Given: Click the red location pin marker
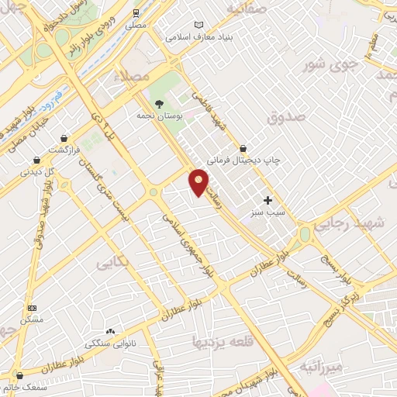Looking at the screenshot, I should (x=198, y=181).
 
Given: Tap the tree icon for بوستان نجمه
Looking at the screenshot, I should (x=159, y=103).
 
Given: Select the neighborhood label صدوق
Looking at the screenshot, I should (x=287, y=116).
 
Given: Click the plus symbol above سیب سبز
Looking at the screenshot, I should (x=268, y=178).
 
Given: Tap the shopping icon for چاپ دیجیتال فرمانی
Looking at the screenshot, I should (x=243, y=147).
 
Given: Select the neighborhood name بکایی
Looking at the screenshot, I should (x=112, y=264).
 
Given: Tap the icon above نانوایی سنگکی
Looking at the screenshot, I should (x=110, y=331).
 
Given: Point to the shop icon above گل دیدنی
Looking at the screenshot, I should (x=37, y=160).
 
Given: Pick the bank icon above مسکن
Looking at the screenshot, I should (x=32, y=308).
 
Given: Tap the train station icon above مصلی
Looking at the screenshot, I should (x=136, y=13).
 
